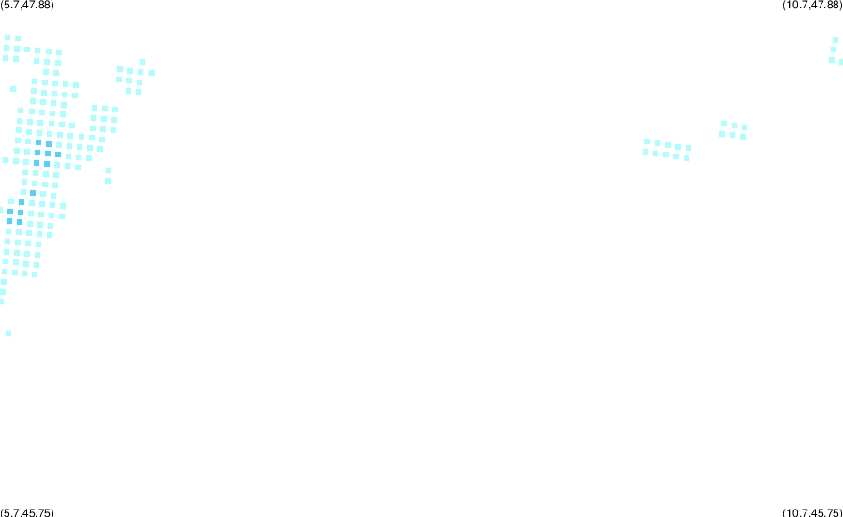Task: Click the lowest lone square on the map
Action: pyautogui.click(x=8, y=333)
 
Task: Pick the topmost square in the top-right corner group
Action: pyautogui.click(x=835, y=40)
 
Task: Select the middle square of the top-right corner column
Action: pyautogui.click(x=834, y=50)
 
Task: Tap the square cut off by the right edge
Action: pyautogui.click(x=841, y=62)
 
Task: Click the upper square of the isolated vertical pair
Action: pyautogui.click(x=109, y=170)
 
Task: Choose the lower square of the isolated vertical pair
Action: pyautogui.click(x=108, y=181)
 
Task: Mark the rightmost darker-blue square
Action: pyautogui.click(x=58, y=155)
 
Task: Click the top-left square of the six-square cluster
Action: pyautogui.click(x=724, y=124)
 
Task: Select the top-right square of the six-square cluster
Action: pyautogui.click(x=744, y=127)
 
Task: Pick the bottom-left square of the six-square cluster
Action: pyautogui.click(x=722, y=134)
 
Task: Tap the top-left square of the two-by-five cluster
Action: pyautogui.click(x=646, y=141)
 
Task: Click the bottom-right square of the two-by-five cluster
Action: pyautogui.click(x=687, y=158)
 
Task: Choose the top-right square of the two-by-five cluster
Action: pyautogui.click(x=688, y=148)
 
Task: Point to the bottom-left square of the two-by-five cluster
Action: pyautogui.click(x=645, y=152)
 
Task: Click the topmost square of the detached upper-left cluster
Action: pyautogui.click(x=142, y=62)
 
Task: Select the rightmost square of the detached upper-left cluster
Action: pyautogui.click(x=152, y=73)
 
